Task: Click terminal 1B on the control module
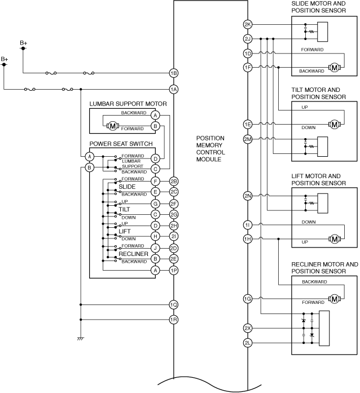174,73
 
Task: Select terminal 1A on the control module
174,89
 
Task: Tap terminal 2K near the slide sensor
248,25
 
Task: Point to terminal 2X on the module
248,328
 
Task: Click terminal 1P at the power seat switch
174,271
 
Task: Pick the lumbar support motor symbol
113,126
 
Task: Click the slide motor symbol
335,68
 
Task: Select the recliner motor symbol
335,299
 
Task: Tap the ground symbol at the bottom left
81,339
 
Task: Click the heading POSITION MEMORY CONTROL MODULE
210,149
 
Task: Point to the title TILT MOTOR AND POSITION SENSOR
319,93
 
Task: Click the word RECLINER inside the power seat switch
134,254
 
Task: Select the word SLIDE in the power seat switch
127,187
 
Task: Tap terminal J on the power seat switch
155,248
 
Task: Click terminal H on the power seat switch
155,236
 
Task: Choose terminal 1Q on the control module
174,305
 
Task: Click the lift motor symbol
335,239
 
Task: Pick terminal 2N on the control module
248,196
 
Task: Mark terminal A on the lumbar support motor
155,115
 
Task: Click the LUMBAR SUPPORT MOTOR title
128,104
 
